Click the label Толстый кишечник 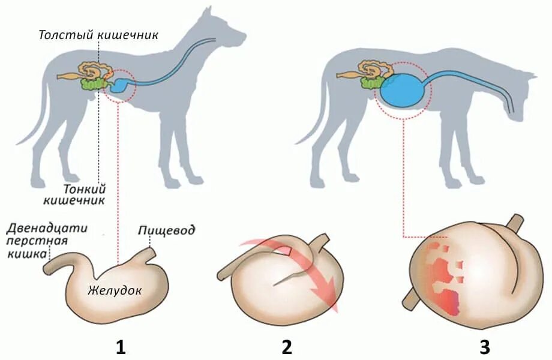pos(98,34)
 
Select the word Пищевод pos(166,230)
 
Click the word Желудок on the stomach pos(114,291)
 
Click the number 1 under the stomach pos(121,347)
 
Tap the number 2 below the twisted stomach pos(286,347)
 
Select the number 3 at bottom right pos(484,347)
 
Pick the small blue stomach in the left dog pos(122,85)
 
